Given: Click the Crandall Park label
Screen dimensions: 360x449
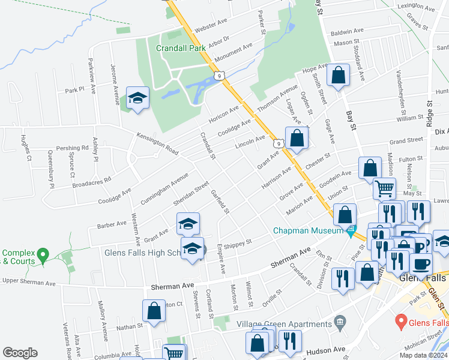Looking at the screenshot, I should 180,47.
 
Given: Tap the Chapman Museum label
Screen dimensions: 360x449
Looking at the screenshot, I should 307,230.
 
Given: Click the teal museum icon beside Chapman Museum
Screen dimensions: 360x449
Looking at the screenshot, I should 351,230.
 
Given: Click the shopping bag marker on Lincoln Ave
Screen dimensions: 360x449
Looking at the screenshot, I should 297,139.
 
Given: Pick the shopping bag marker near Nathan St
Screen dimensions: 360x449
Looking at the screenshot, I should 154,311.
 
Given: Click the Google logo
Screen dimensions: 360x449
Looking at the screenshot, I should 20,353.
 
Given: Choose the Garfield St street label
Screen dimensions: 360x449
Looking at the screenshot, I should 220,201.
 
